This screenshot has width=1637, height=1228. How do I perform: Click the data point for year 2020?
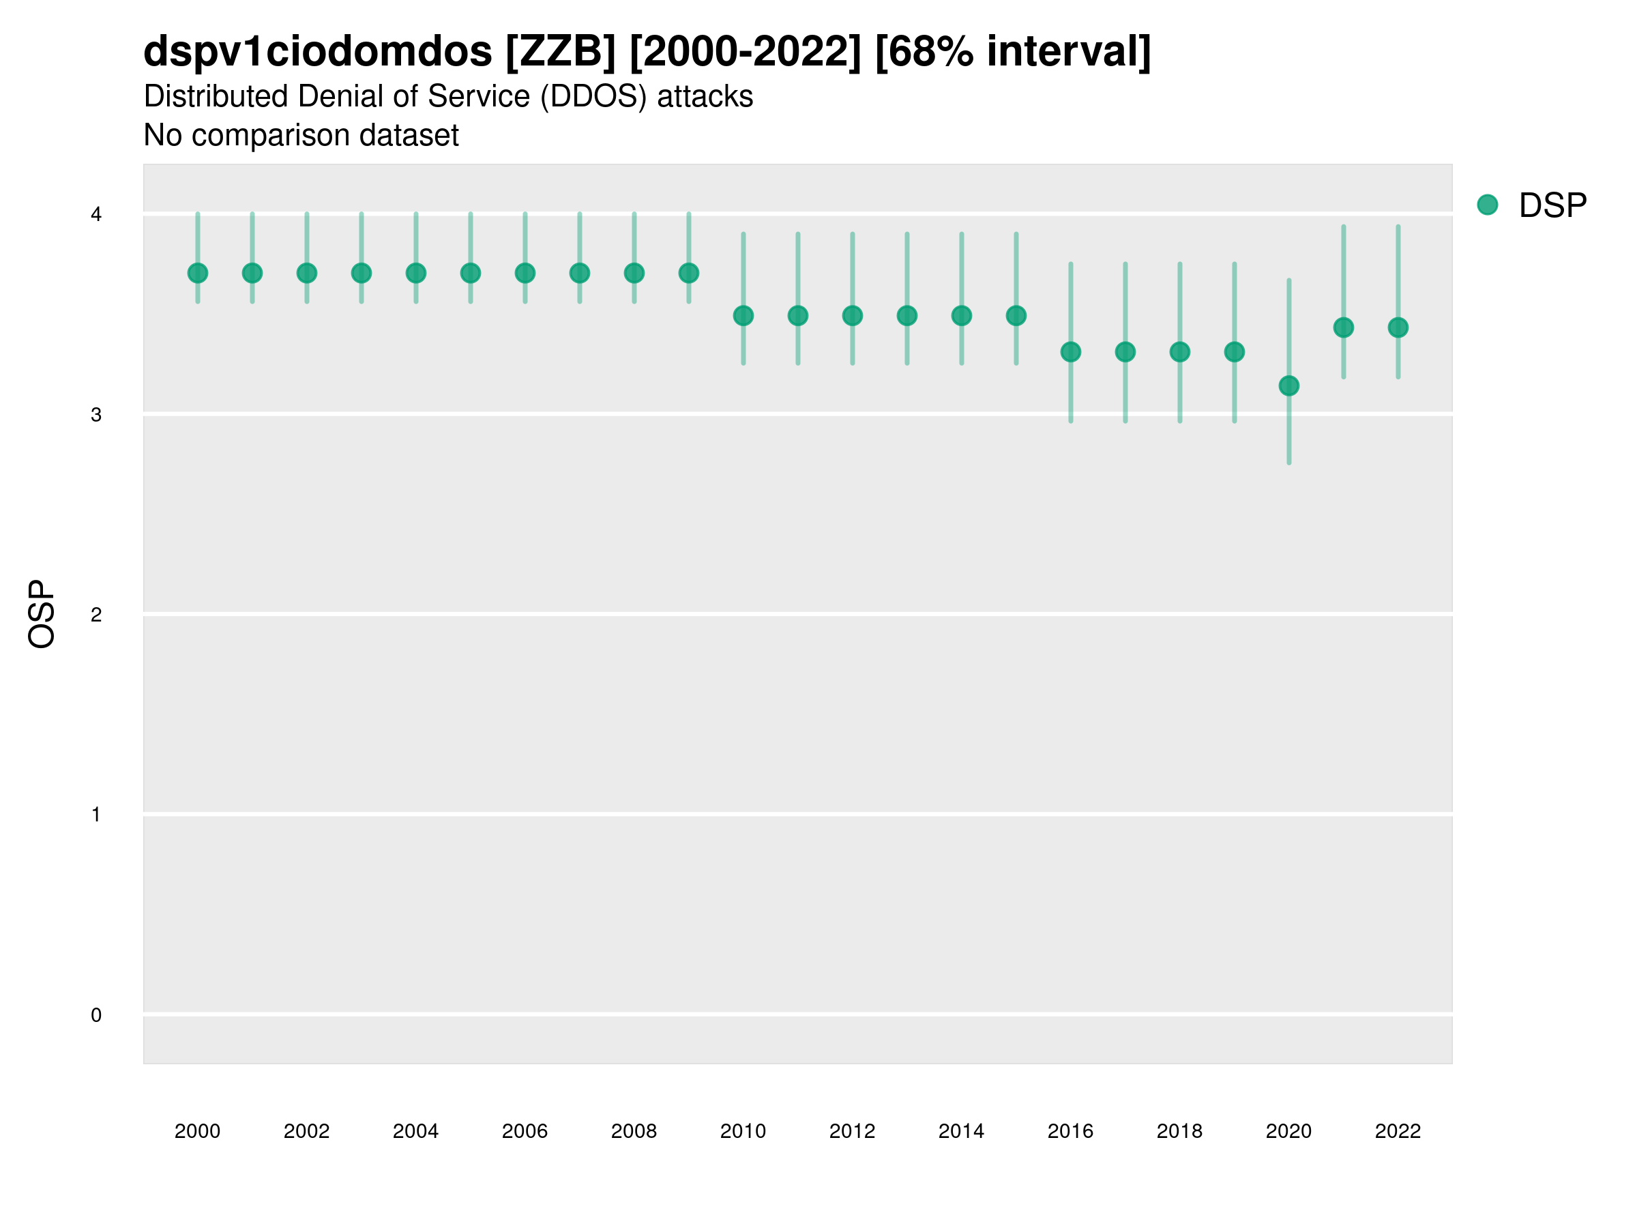click(x=1288, y=385)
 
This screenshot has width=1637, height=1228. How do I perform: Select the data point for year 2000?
click(x=198, y=273)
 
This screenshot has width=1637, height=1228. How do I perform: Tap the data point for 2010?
click(x=743, y=316)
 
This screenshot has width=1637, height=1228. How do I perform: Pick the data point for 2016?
click(x=1070, y=351)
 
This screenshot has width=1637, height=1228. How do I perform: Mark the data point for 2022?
click(x=1397, y=327)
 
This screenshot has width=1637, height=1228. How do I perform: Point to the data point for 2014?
click(x=961, y=316)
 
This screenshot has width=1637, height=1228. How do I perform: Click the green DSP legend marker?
click(x=1487, y=205)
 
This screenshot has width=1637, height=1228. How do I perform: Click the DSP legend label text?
click(x=1552, y=206)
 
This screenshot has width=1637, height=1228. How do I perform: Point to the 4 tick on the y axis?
click(x=96, y=215)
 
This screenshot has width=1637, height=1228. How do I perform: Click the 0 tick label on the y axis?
click(x=96, y=1016)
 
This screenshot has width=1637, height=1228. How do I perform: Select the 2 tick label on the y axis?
click(x=96, y=615)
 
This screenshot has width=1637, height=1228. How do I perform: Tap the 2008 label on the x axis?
click(x=634, y=1131)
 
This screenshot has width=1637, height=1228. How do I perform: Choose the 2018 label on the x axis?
click(x=1179, y=1131)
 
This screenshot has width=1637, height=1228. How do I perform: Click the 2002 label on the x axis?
click(x=306, y=1131)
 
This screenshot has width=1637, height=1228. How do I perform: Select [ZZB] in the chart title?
click(x=560, y=52)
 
